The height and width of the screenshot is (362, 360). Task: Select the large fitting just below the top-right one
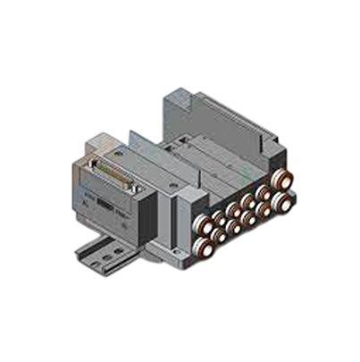282,202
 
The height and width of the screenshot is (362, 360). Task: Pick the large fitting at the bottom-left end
204,245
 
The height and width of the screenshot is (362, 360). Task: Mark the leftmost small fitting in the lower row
221,233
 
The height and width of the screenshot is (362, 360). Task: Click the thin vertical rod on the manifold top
134,136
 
